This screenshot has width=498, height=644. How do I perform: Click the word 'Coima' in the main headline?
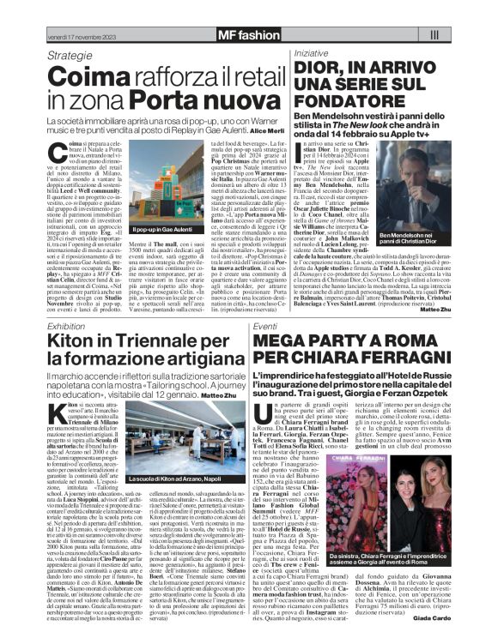tap(84, 77)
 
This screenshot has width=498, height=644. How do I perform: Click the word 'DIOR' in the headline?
tap(319, 69)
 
